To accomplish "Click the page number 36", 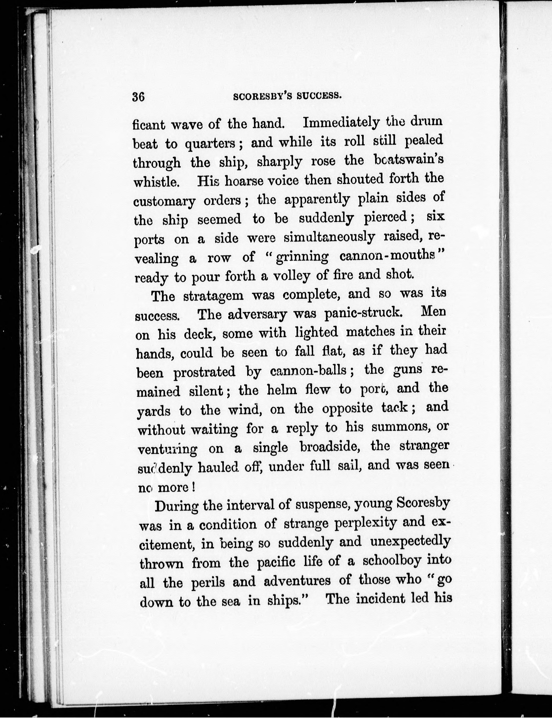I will (x=138, y=97).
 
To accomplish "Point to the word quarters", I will (x=211, y=144).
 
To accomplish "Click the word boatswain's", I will (x=409, y=160).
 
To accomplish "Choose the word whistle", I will (x=156, y=181).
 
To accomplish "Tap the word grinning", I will (x=302, y=257).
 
